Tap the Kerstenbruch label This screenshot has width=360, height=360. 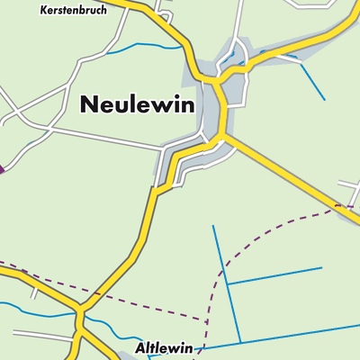coord(74,11)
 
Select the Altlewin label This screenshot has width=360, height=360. coord(163,346)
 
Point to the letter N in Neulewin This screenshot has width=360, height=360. coord(89,103)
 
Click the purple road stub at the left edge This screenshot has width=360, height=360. coord(3,167)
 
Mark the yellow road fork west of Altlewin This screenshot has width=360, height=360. coord(79,315)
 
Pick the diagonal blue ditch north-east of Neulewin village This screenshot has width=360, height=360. coord(311,81)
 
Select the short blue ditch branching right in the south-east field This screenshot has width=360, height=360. coord(274,275)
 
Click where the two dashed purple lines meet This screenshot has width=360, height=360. coord(208,319)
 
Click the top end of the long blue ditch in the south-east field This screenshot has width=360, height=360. coord(213,226)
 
